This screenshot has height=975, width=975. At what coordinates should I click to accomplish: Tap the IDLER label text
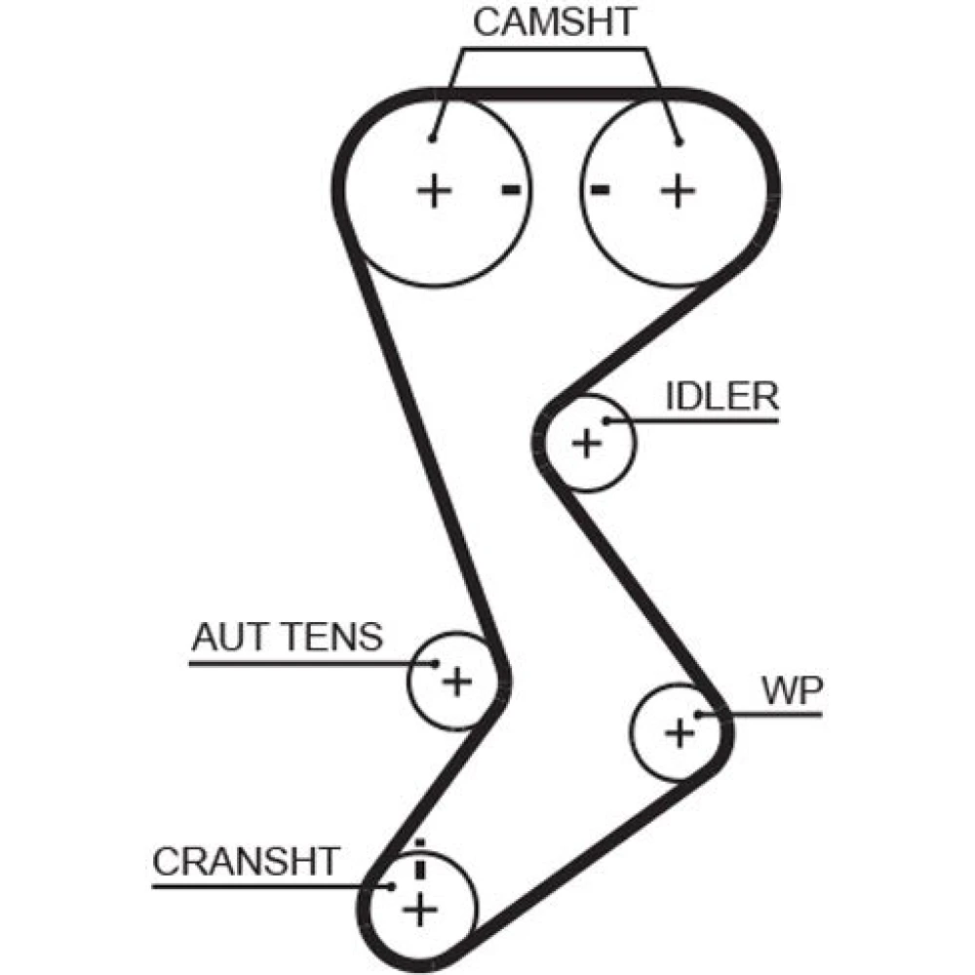point(721,397)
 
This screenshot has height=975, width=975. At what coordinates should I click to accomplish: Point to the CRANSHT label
point(246,861)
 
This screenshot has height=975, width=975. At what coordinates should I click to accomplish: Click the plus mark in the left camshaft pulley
point(434,189)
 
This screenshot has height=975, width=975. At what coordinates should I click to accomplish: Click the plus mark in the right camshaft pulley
point(677,189)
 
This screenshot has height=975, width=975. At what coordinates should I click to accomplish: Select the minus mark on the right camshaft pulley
point(601,189)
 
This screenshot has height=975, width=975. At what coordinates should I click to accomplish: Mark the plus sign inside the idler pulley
point(586,444)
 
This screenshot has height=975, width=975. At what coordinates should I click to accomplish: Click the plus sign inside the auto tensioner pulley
point(455,680)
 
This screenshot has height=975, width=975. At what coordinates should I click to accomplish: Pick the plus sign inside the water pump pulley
point(679,731)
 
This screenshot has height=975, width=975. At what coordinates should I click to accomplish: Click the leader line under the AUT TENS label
point(292,663)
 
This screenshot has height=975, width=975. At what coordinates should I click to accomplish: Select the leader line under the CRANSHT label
point(263,885)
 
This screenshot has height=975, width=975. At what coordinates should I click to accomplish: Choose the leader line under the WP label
point(770,715)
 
